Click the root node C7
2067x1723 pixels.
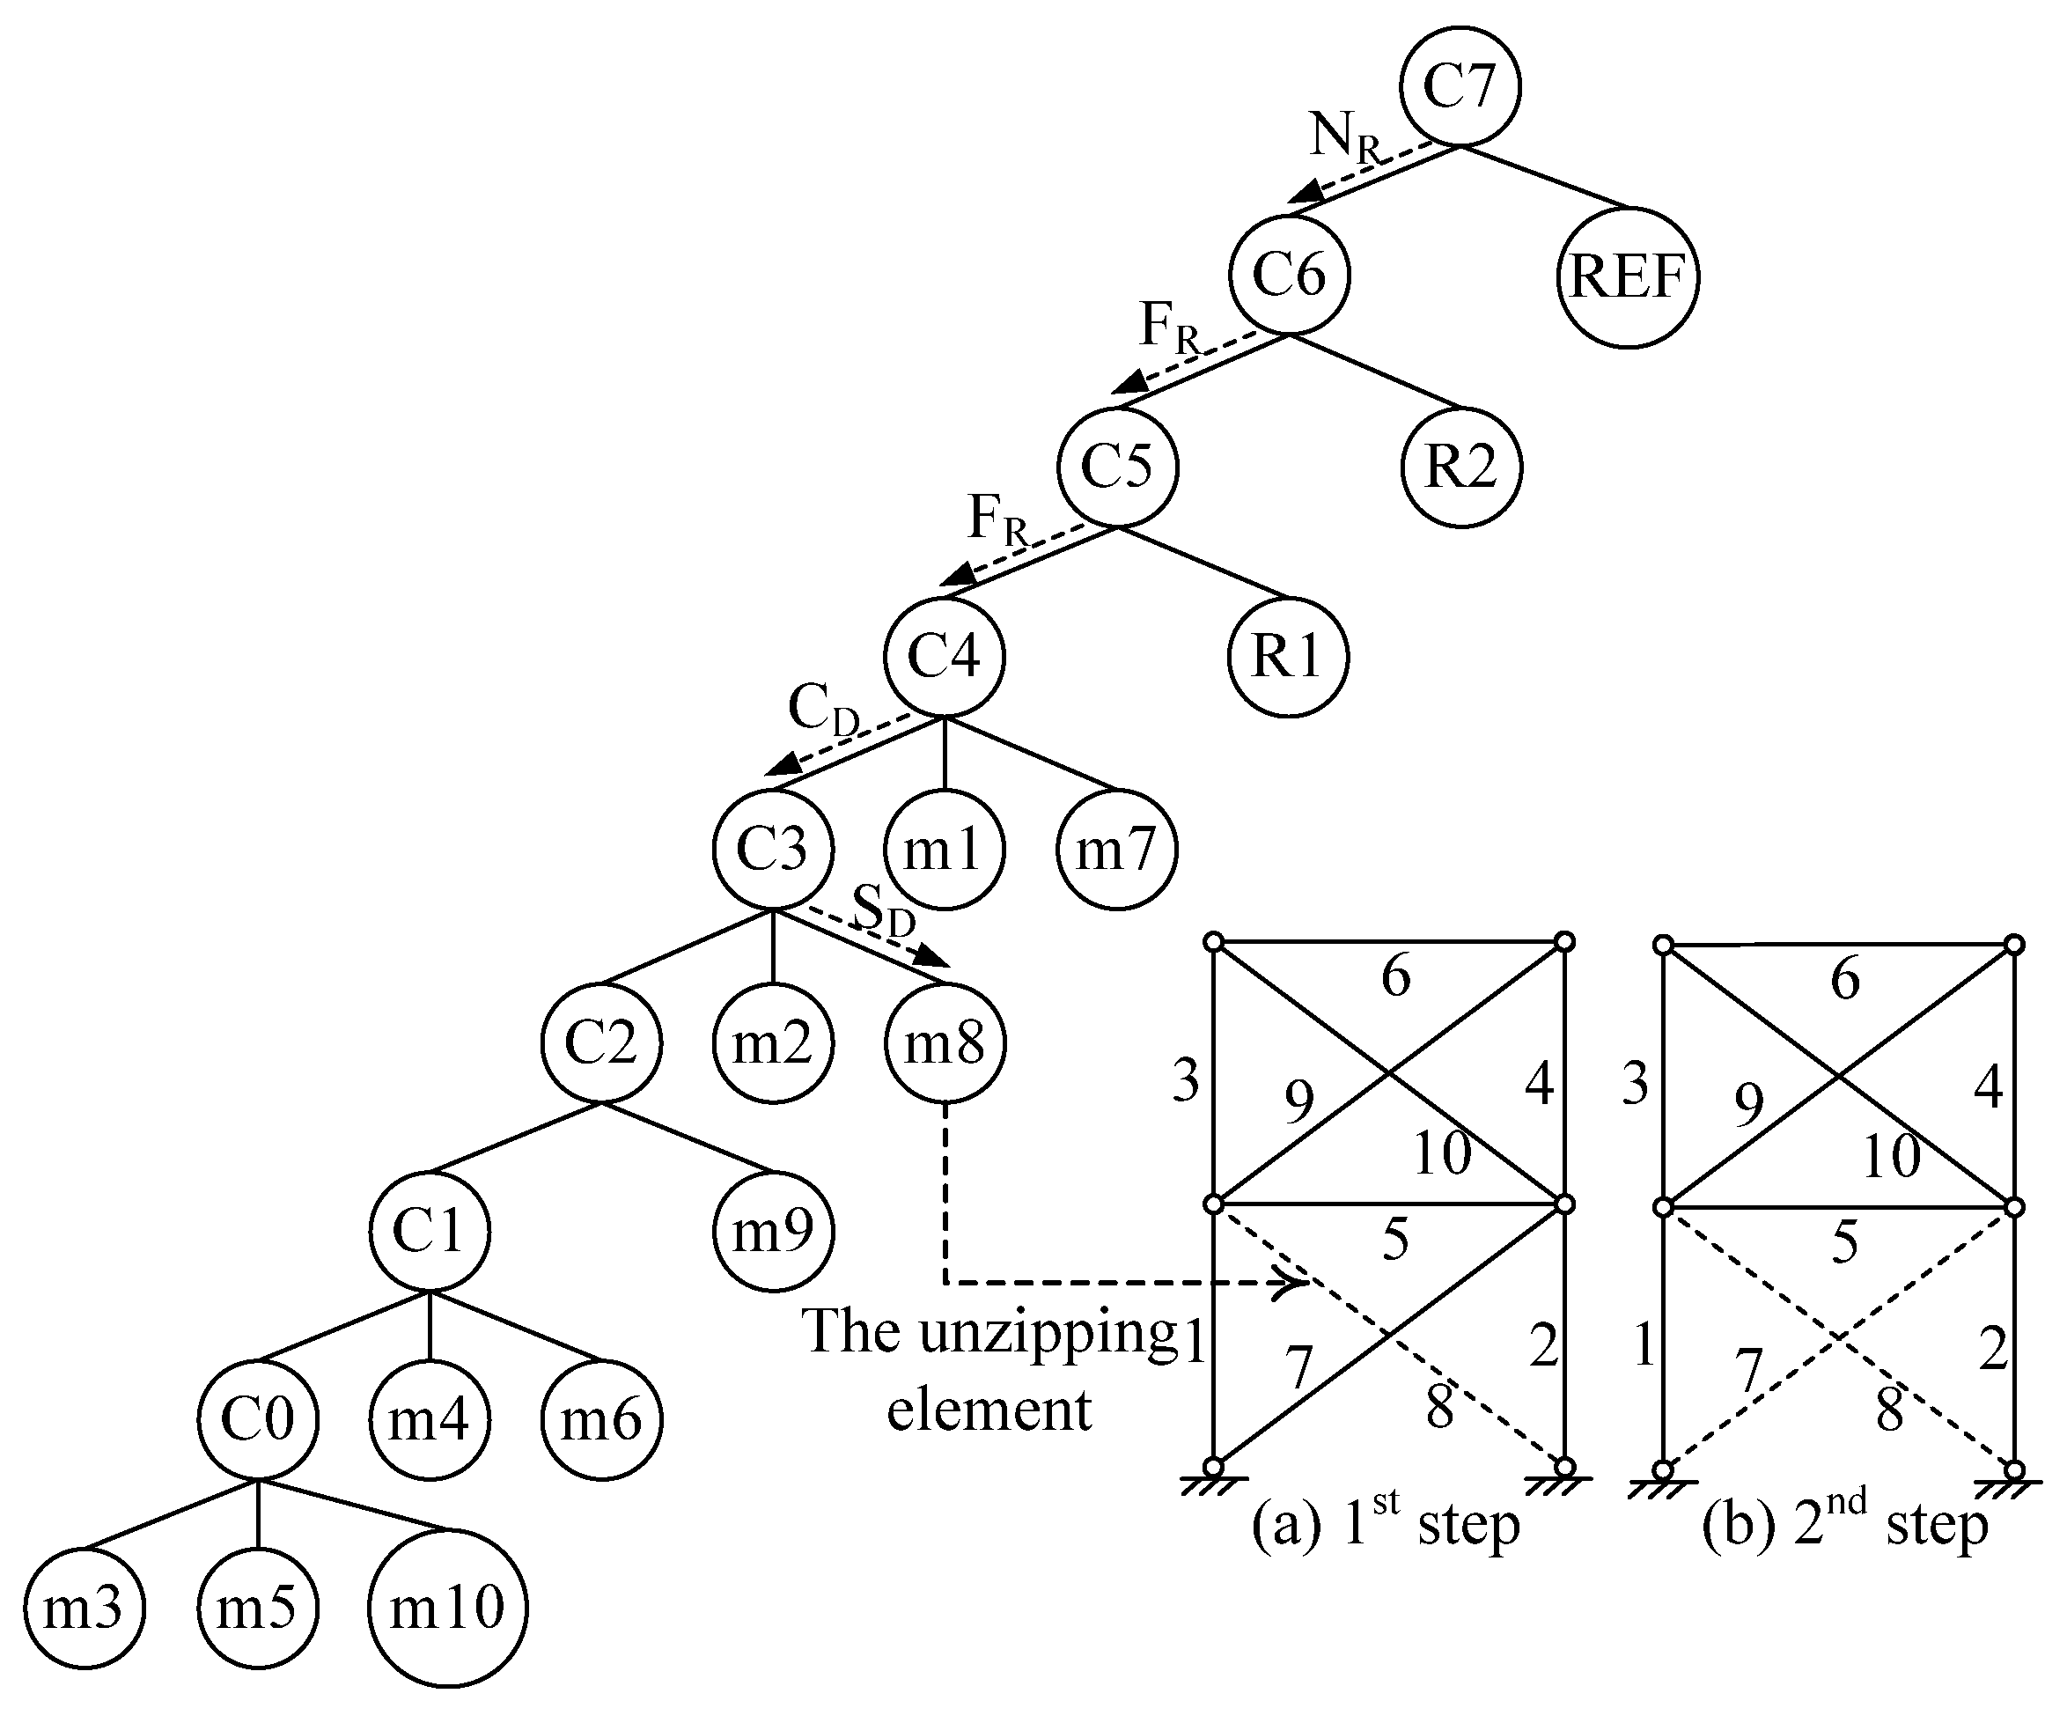click(1460, 85)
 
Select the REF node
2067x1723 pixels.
click(1628, 276)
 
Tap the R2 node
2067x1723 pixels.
click(1461, 467)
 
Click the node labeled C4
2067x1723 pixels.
click(944, 657)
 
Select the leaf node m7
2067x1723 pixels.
click(1116, 849)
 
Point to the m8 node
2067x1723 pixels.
click(945, 1042)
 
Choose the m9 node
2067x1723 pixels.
click(774, 1231)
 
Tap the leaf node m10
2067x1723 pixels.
click(448, 1608)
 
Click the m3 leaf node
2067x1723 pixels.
click(84, 1608)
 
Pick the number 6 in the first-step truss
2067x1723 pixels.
click(1395, 976)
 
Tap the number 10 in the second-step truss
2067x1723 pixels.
click(1891, 1156)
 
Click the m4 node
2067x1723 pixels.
click(429, 1421)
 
